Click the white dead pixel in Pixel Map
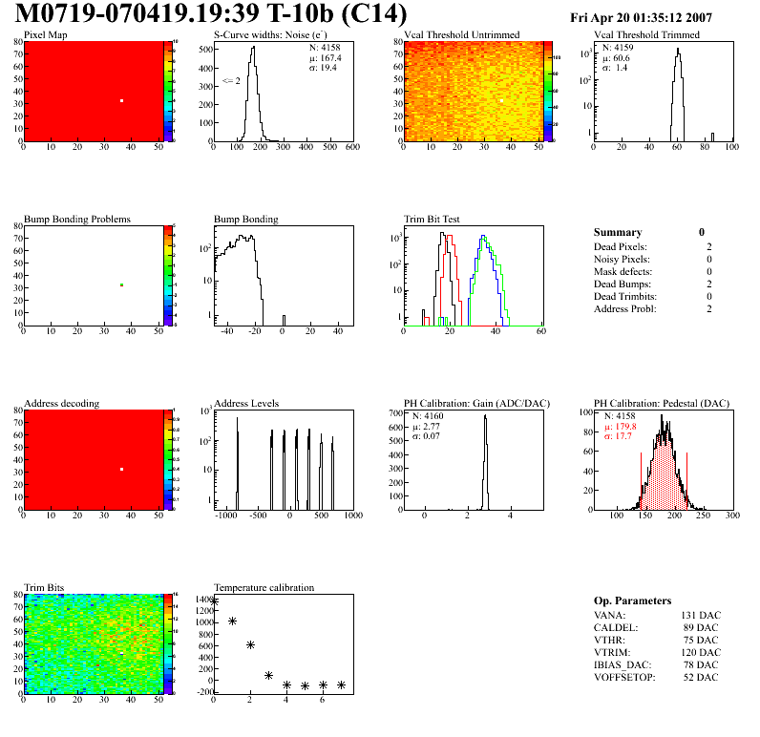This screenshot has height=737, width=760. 122,100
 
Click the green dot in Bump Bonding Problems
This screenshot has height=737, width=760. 122,284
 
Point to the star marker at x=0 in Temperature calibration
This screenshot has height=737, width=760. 214,601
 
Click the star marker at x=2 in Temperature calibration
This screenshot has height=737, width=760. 250,644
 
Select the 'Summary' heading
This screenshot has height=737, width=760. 618,232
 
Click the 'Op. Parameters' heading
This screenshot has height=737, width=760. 632,600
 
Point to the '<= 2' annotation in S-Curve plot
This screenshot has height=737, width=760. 231,81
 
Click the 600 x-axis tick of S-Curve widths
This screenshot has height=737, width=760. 351,147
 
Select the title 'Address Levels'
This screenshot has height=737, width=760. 246,404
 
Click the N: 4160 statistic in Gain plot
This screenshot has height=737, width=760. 432,416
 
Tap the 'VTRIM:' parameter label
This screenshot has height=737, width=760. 611,652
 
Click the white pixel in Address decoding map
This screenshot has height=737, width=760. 122,469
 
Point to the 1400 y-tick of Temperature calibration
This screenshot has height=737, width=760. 202,599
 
